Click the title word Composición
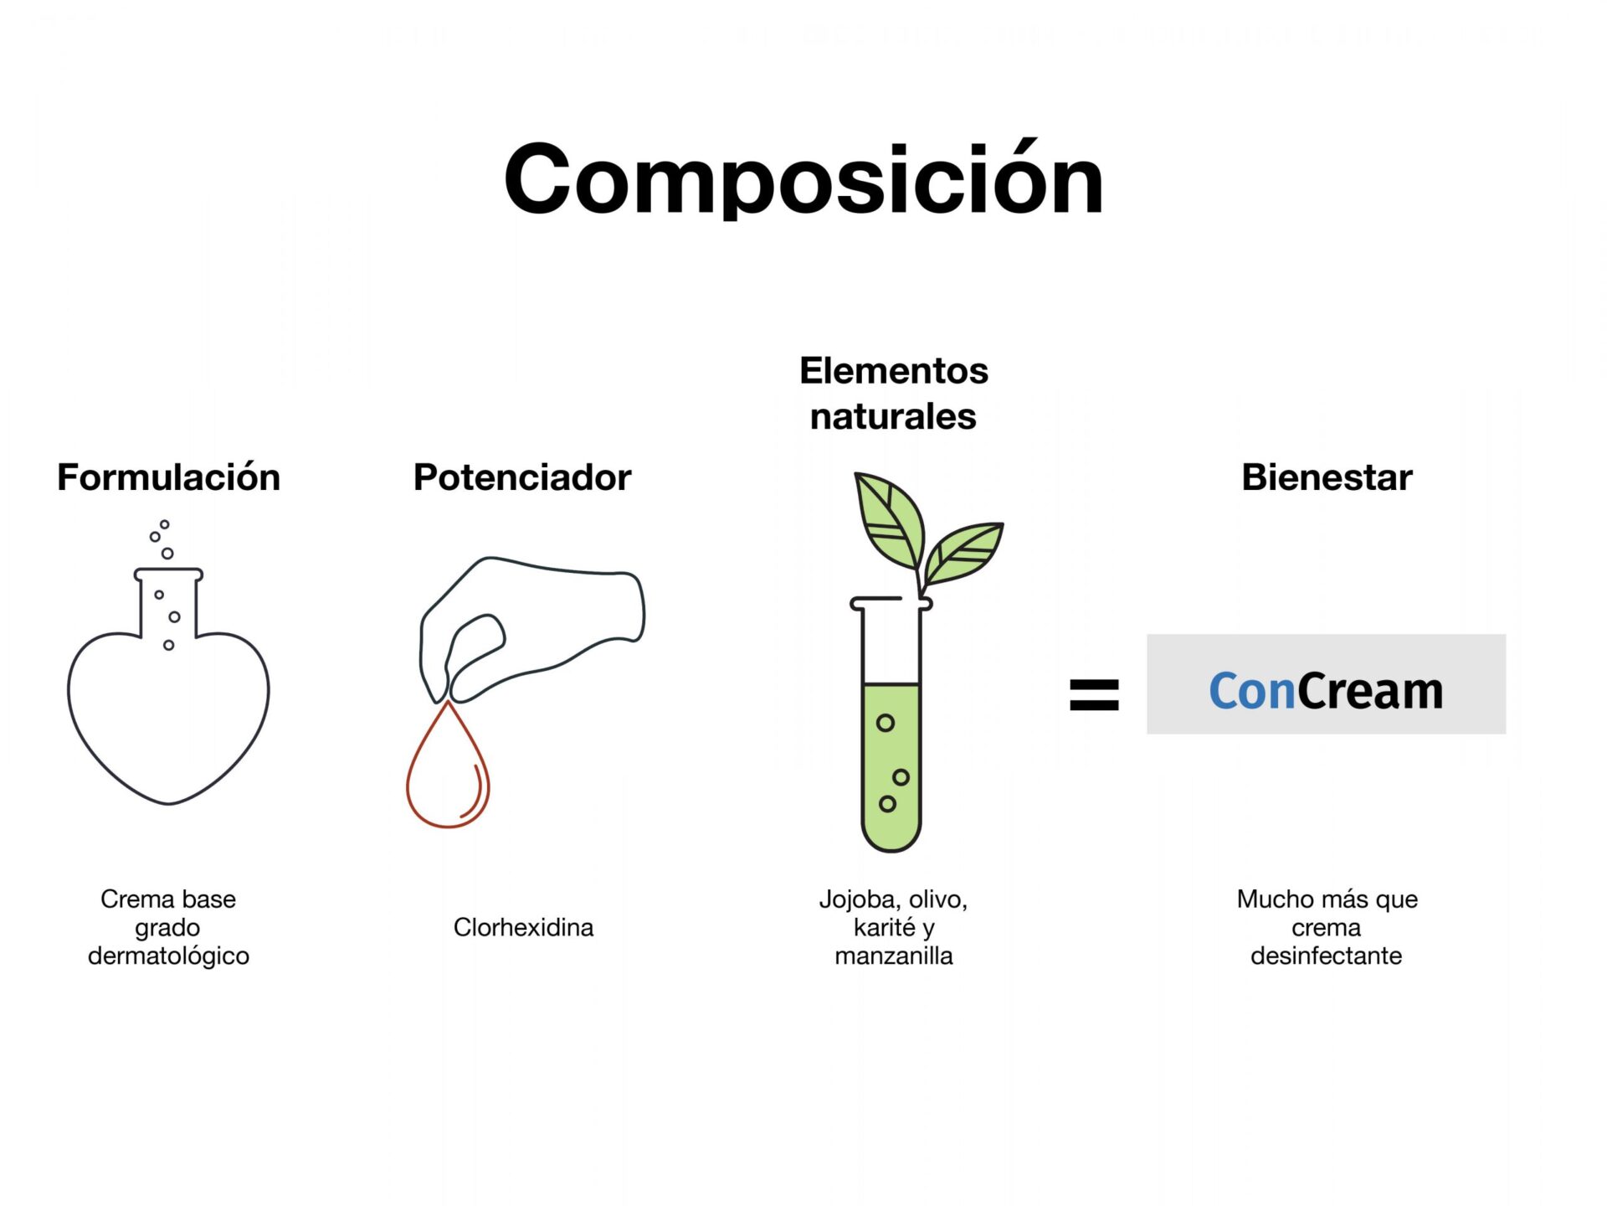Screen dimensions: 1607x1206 (x=803, y=179)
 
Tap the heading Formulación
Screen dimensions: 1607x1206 (x=168, y=477)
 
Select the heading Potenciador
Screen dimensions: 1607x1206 (x=522, y=477)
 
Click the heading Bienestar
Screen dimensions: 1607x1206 (x=1327, y=477)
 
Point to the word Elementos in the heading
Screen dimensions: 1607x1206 (x=894, y=370)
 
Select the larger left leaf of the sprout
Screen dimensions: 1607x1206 (x=889, y=519)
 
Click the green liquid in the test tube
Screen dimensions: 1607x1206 (x=891, y=766)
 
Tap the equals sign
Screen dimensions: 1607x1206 (x=1094, y=694)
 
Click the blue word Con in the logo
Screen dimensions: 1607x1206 (x=1252, y=692)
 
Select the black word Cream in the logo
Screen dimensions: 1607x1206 (x=1370, y=692)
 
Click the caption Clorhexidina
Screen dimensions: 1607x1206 (x=523, y=927)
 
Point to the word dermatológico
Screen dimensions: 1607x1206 (x=168, y=956)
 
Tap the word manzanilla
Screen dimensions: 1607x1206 (x=894, y=956)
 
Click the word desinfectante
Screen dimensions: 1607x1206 (x=1327, y=956)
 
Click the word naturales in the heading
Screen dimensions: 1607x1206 (x=893, y=416)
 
